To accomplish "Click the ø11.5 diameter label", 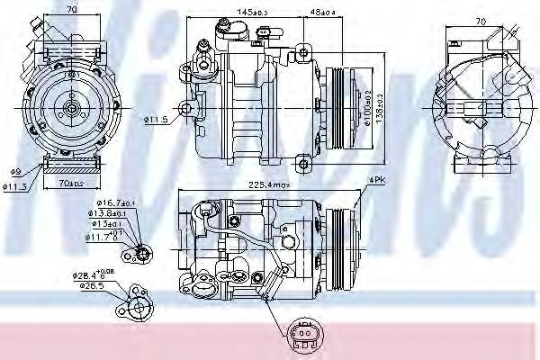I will (x=155, y=119).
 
